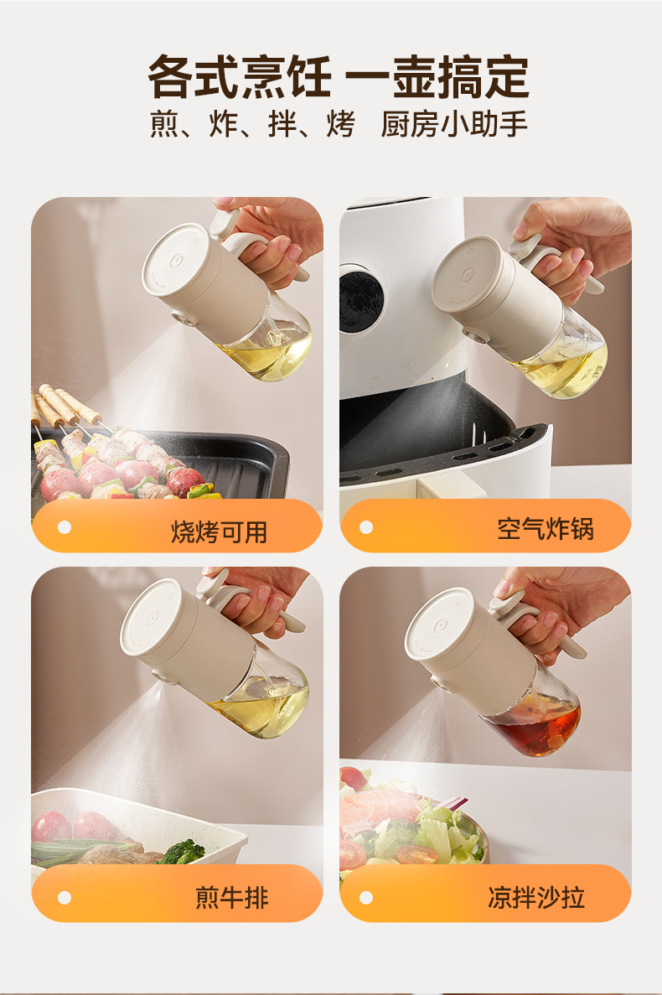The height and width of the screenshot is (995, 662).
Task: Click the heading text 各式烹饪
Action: coord(239,77)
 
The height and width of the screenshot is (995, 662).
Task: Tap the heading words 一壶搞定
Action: coord(437,77)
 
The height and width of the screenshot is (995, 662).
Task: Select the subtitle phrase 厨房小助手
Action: coord(454,124)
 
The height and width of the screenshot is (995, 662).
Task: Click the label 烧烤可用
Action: coord(220,531)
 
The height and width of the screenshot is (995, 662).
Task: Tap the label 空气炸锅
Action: coord(546,528)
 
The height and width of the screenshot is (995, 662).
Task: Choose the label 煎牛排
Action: coord(232,897)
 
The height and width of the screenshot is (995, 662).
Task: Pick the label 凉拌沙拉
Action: coord(536,897)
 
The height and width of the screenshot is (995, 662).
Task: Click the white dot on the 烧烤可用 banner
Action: coord(64,526)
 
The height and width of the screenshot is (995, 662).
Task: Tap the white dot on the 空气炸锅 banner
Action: coord(366,526)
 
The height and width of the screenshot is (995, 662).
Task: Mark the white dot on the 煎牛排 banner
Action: coord(64,897)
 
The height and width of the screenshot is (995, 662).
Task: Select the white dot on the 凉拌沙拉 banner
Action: coord(366,897)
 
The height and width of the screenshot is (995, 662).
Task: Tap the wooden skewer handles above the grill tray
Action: coord(65,403)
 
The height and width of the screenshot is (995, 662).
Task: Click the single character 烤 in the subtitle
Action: coord(340,124)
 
